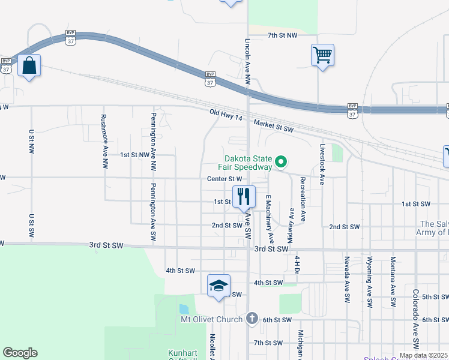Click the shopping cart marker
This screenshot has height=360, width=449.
(323, 56)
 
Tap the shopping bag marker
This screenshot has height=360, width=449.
(29, 65)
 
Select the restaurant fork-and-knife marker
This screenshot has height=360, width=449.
(244, 196)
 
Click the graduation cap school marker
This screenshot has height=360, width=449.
(219, 285)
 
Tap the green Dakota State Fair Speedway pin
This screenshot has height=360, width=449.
(280, 161)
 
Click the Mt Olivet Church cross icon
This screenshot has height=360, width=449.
(252, 319)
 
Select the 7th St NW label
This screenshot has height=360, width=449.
(282, 36)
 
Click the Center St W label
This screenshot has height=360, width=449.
(224, 178)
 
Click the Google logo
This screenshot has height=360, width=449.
(20, 353)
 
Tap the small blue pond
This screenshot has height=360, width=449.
(184, 310)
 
